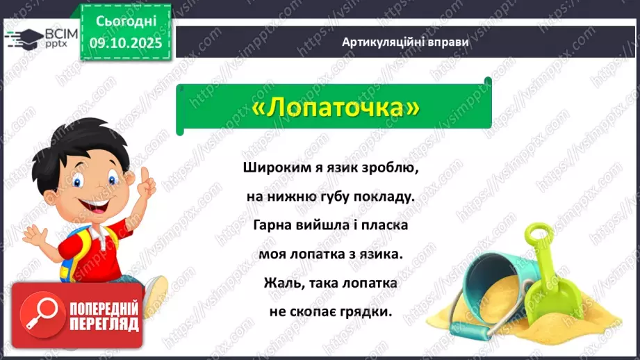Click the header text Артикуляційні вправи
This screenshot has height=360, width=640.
click(x=405, y=42)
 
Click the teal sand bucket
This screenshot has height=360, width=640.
click(x=497, y=278)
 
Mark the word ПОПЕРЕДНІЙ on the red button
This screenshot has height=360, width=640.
click(x=104, y=307)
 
